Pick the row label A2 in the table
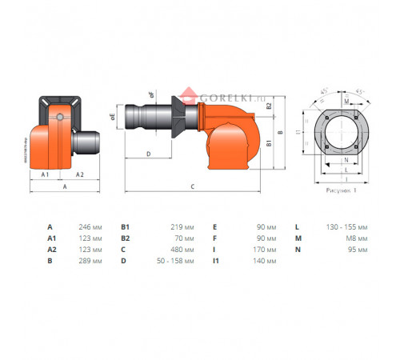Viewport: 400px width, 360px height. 52,249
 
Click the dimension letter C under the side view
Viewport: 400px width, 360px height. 192,186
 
